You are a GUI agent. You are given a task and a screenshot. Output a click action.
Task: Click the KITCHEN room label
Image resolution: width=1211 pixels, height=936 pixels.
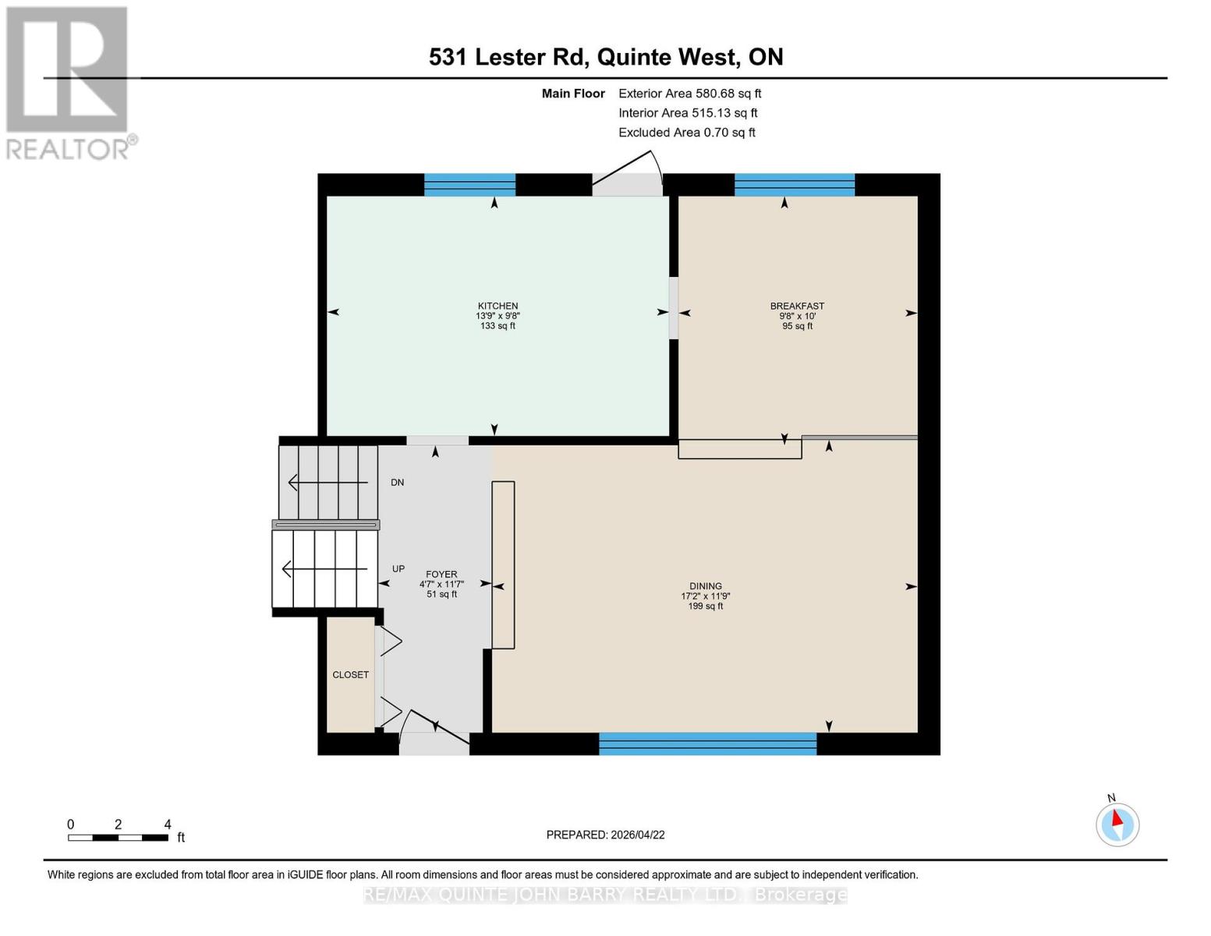point(498,306)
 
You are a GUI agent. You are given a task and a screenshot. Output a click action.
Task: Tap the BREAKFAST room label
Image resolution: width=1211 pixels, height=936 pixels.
point(797,306)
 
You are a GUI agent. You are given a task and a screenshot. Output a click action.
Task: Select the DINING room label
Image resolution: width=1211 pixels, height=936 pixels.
point(705,586)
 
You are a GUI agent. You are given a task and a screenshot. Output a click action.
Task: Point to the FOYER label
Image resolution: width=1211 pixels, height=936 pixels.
point(441,574)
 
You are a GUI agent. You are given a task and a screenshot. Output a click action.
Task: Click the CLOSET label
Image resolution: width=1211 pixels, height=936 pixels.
point(350,675)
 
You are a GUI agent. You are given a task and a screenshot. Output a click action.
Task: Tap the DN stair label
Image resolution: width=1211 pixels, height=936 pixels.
point(397,483)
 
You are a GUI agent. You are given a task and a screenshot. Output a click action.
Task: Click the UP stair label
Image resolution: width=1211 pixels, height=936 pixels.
point(398,569)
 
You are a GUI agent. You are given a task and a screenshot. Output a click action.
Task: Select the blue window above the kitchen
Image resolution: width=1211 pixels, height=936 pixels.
point(469,185)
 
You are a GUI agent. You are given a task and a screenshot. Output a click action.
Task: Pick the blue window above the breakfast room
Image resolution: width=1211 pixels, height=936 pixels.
point(794,185)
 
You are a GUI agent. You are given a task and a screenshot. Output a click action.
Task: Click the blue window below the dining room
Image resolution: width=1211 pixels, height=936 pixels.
point(707,743)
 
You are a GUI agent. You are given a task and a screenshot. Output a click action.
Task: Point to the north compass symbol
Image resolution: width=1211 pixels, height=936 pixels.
point(1117,824)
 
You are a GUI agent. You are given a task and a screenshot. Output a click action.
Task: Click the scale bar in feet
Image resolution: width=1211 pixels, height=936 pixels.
point(118,838)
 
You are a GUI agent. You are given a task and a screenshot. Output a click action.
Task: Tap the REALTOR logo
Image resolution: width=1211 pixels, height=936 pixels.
point(69,82)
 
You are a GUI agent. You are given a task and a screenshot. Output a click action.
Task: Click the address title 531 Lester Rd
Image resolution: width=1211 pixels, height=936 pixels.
point(606,57)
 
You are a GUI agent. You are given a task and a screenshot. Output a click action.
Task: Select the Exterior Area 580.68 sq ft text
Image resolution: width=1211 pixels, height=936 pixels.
point(689,94)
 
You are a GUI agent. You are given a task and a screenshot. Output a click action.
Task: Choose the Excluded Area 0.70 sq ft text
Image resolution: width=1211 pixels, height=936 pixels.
point(686,133)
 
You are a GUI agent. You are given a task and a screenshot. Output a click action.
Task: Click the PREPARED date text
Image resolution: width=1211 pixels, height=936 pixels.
point(605,835)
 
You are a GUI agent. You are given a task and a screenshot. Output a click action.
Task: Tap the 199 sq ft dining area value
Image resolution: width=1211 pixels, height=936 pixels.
point(705,606)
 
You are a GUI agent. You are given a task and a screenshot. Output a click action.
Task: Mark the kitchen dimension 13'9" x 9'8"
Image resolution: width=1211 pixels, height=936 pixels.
point(498,316)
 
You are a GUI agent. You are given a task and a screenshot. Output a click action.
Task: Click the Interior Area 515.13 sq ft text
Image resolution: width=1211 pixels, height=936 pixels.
point(688,113)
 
